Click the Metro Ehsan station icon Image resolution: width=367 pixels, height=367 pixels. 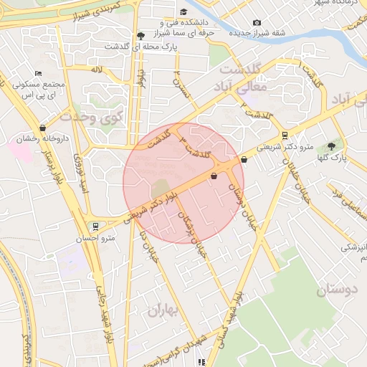pyautogui.click(x=95, y=227)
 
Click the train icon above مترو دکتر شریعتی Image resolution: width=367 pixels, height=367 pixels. pyautogui.click(x=285, y=135)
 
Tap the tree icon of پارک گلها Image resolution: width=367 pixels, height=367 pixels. pyautogui.click(x=330, y=146)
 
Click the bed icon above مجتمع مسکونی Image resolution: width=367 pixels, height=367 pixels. pyautogui.click(x=38, y=74)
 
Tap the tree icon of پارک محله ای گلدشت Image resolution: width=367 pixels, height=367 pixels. pyautogui.click(x=140, y=36)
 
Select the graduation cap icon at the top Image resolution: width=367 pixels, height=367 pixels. pyautogui.click(x=183, y=12)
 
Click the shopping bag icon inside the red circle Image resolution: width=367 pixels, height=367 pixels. pyautogui.click(x=214, y=176)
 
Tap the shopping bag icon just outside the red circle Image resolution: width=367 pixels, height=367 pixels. pyautogui.click(x=245, y=160)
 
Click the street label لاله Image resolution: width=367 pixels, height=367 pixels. pyautogui.click(x=97, y=70)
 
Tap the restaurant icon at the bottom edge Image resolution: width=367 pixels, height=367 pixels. pyautogui.click(x=201, y=363)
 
